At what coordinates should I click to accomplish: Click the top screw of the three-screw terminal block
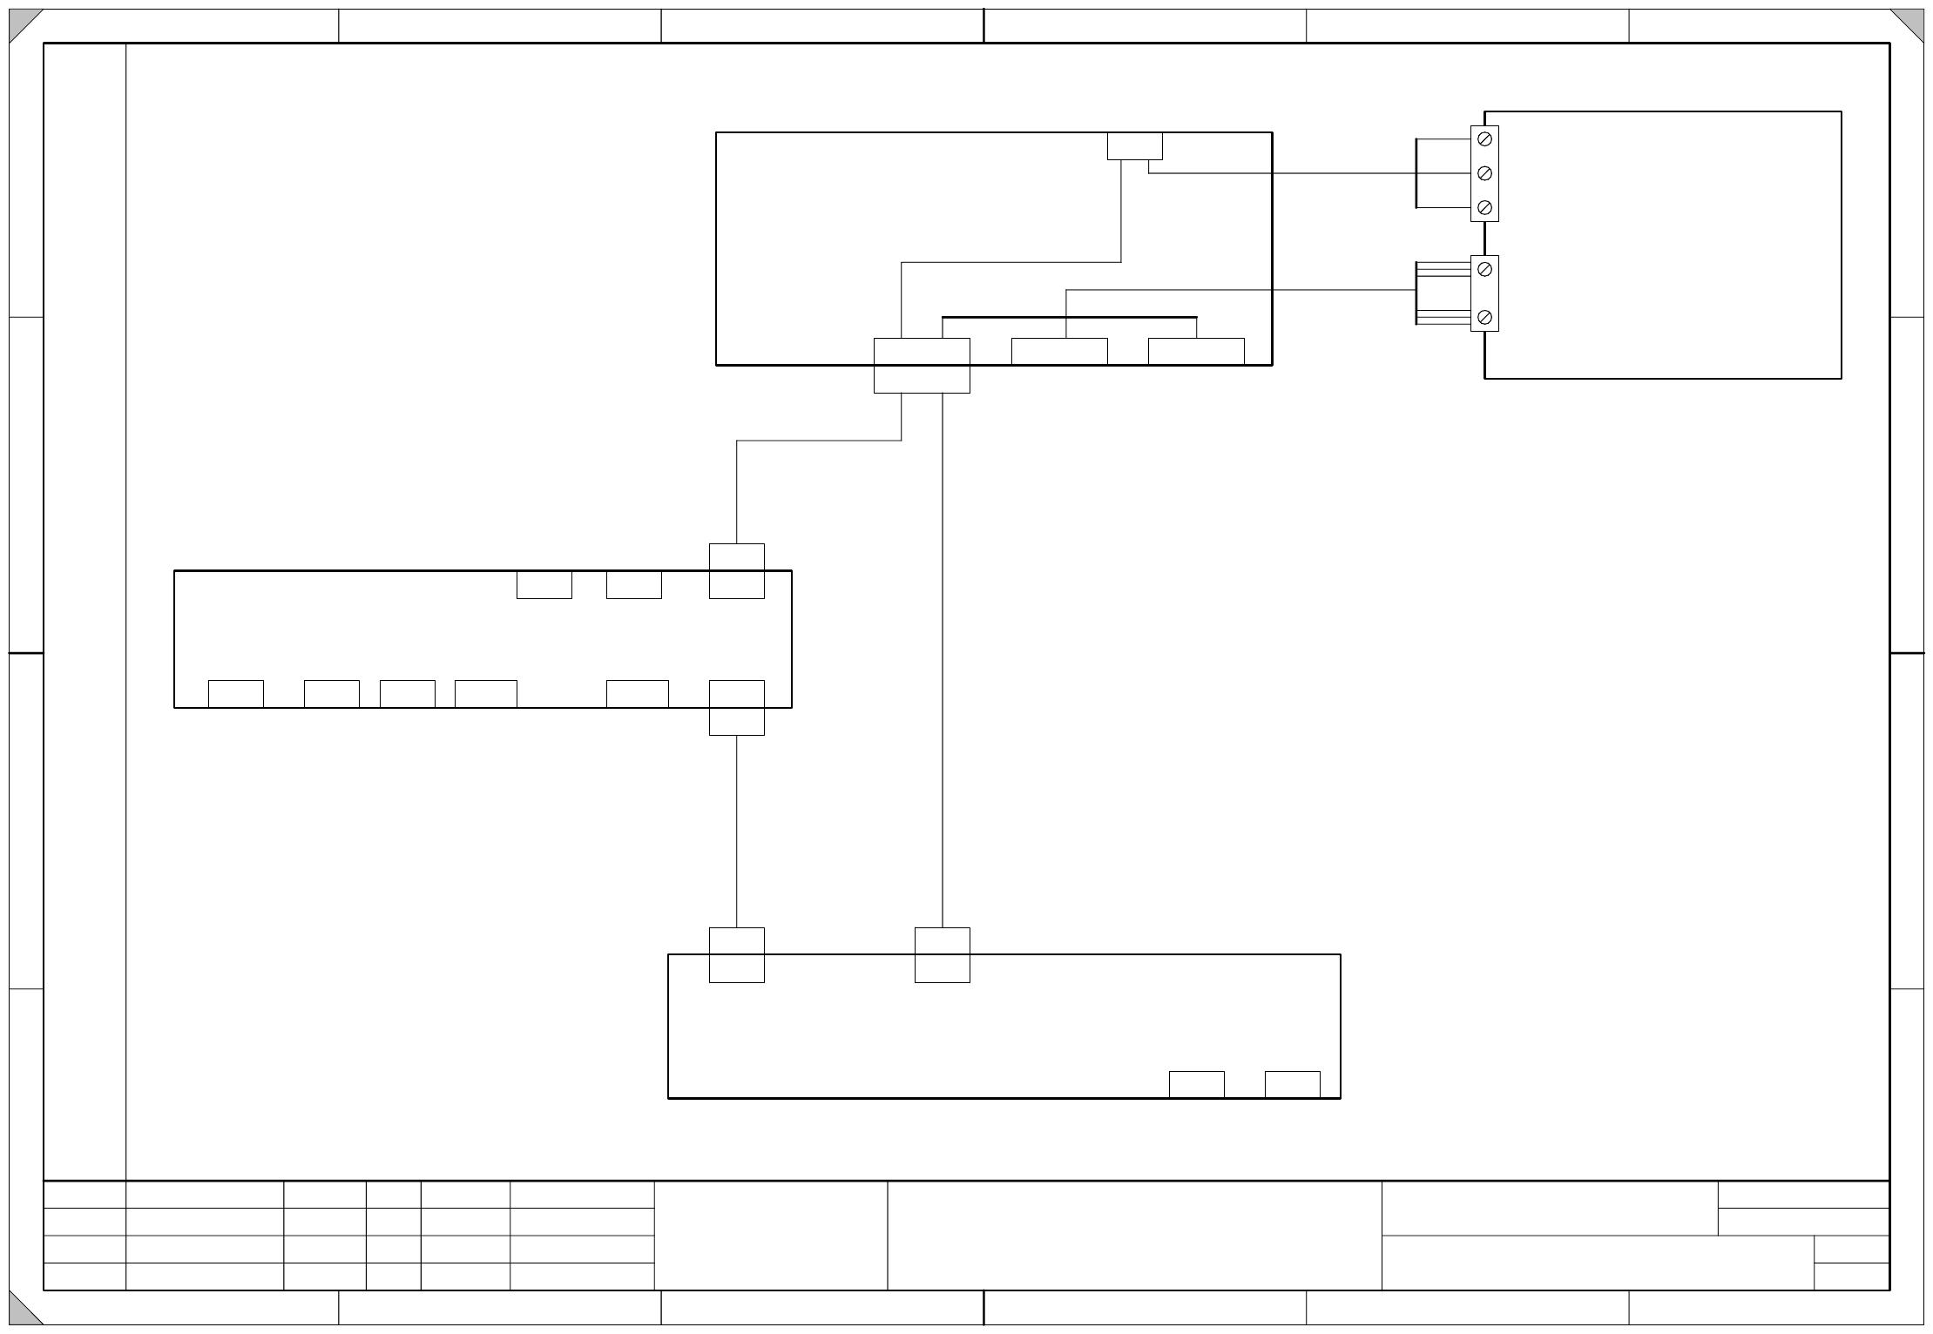coord(1484,139)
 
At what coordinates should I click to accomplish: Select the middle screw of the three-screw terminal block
coord(1484,173)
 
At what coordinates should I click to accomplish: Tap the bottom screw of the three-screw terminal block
coord(1484,207)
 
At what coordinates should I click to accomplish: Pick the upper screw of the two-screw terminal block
coord(1484,270)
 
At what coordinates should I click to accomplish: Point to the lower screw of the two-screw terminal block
coord(1484,317)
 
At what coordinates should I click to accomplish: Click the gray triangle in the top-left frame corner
coord(21,21)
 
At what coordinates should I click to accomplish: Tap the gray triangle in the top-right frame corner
coord(1912,21)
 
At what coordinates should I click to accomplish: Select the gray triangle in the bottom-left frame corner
coord(21,1313)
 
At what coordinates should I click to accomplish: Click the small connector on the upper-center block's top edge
coord(1134,146)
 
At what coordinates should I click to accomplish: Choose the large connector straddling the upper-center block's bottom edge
coord(922,366)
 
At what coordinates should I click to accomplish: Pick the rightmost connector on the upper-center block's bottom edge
coord(1196,352)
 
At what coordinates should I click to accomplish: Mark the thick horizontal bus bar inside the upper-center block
coord(1069,317)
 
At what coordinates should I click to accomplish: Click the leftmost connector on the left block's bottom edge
coord(236,694)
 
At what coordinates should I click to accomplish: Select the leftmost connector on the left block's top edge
coord(544,585)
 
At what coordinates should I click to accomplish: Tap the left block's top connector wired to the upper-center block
coord(737,571)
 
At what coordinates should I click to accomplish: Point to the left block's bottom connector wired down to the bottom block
coord(737,708)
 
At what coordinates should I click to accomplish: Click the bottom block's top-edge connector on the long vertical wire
coord(943,955)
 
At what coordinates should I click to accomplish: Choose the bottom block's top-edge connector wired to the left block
coord(737,955)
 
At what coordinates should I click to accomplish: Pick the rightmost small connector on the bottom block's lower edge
coord(1292,1085)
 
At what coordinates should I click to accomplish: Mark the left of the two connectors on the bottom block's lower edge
coord(1196,1085)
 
